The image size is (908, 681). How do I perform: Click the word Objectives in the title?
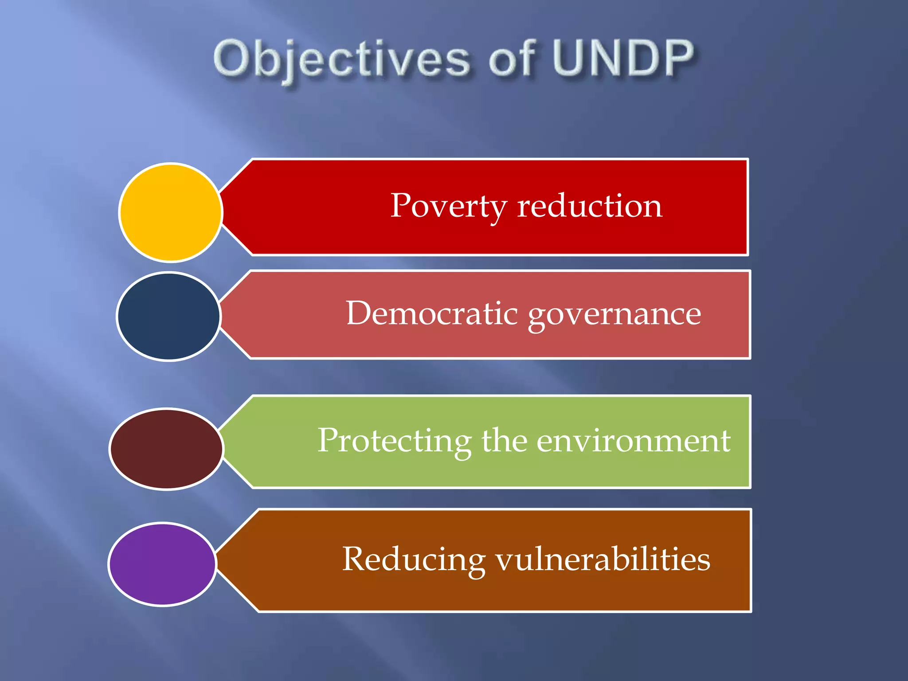point(341,60)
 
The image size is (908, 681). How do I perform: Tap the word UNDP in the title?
point(623,59)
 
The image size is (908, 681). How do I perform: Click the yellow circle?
point(171,212)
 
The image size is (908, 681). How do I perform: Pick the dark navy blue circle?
point(168,316)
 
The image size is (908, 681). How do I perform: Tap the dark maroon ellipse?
point(166,449)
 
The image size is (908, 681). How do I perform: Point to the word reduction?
point(589,206)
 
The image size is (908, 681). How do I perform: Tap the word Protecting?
point(394,442)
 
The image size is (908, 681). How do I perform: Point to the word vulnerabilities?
point(603,559)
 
